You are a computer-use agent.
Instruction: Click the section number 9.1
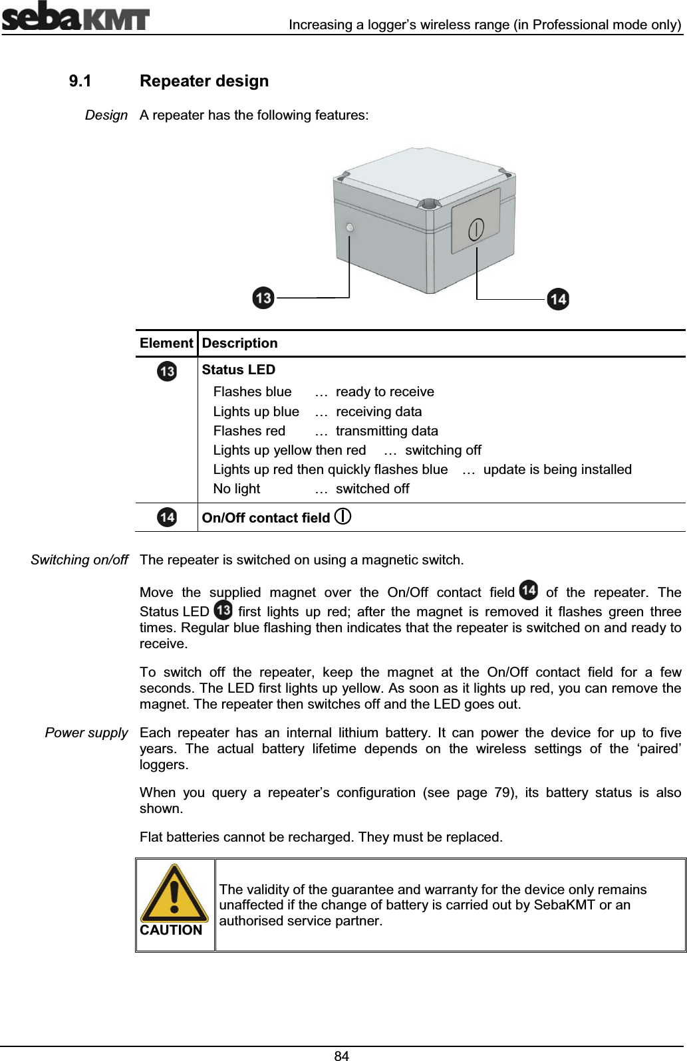click(80, 81)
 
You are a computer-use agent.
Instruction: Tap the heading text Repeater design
click(204, 81)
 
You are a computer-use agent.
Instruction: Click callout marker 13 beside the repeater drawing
click(264, 297)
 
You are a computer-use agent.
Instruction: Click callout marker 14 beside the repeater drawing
click(557, 299)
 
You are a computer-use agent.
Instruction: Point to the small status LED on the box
click(350, 228)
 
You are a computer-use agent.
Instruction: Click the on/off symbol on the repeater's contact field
click(476, 229)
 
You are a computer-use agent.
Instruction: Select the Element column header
click(166, 343)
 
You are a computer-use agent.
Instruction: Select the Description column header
click(239, 343)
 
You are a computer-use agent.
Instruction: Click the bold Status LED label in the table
click(238, 370)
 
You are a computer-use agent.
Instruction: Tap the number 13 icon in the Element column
click(167, 371)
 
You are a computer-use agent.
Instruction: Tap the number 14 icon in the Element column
click(167, 517)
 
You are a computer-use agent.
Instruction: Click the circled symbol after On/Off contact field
click(343, 517)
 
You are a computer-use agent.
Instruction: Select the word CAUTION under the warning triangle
click(171, 930)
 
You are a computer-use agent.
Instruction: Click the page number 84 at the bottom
click(342, 1055)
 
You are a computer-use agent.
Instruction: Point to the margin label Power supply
click(86, 733)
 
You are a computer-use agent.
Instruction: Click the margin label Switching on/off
click(79, 560)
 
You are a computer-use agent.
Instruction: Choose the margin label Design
click(106, 115)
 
